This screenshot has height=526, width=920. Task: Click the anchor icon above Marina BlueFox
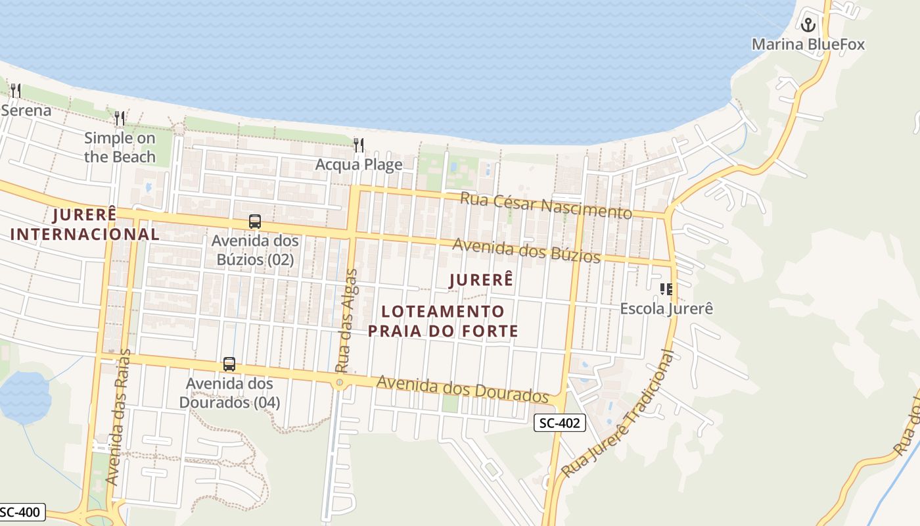(808, 25)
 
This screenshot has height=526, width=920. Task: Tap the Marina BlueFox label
(808, 45)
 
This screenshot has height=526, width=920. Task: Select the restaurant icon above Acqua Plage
(358, 145)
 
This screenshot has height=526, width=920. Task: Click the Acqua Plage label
(359, 164)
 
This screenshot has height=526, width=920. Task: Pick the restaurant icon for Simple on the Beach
(120, 118)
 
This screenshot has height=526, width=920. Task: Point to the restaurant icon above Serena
(16, 90)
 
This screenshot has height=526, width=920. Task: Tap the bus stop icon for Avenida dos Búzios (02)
(255, 222)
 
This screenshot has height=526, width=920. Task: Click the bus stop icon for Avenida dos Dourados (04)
(229, 364)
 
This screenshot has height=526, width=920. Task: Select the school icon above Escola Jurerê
(666, 289)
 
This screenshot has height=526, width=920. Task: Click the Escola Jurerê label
(666, 308)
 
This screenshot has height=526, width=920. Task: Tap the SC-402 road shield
(559, 423)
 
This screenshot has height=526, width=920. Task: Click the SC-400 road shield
(22, 512)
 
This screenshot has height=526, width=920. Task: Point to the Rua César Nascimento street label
(545, 205)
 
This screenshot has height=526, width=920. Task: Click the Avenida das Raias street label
(118, 418)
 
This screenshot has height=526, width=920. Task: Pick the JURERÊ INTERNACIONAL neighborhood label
(85, 224)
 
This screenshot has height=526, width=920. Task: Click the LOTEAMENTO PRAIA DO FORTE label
(443, 321)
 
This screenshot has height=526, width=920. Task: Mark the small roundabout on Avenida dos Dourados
(340, 382)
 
